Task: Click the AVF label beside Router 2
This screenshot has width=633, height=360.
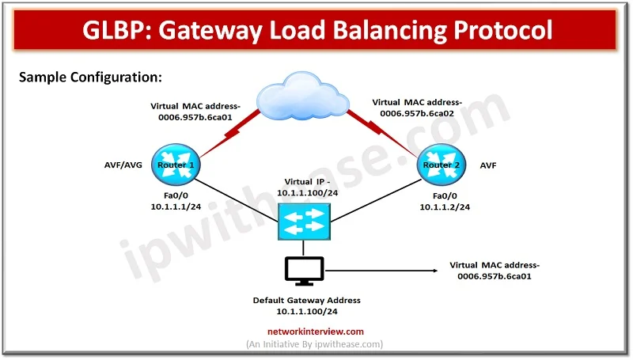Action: (488, 166)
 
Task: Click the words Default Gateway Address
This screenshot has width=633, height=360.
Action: (306, 301)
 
